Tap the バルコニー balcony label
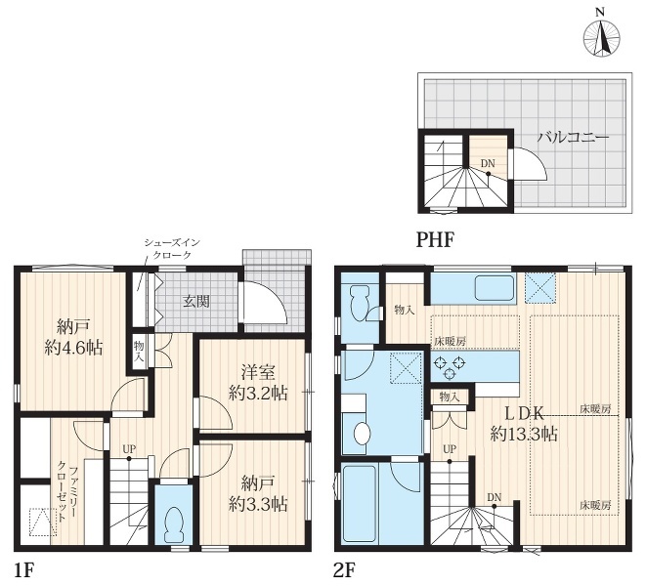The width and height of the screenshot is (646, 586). tap(573, 137)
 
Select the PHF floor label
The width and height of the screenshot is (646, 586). tap(435, 239)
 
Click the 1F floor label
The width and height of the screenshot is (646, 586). tap(23, 570)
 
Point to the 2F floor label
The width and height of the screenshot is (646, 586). tap(344, 570)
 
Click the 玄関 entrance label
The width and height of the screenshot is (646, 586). tap(196, 302)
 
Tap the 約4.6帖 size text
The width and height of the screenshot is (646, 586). tap(73, 349)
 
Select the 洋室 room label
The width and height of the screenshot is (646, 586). tap(258, 373)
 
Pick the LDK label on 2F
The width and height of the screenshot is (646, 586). tap(525, 412)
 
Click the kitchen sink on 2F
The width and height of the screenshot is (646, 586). tap(495, 287)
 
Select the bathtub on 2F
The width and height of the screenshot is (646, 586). tap(360, 503)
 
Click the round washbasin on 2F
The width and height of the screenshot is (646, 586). tap(363, 434)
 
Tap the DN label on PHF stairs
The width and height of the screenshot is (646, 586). tap(488, 163)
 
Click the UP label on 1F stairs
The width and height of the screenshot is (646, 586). tap(129, 449)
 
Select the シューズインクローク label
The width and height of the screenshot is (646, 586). tap(172, 249)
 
